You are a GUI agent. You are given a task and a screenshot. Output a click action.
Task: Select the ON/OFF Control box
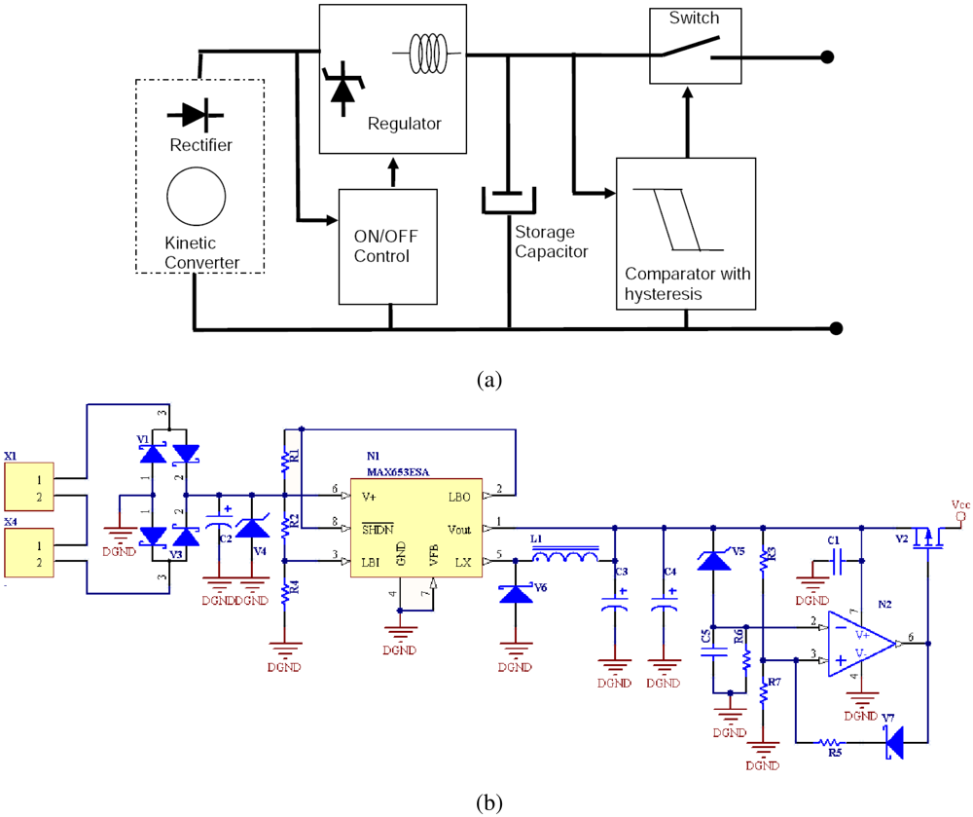[x=387, y=246]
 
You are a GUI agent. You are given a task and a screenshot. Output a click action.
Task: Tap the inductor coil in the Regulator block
[x=431, y=50]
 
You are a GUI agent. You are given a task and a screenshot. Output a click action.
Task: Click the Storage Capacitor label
[x=551, y=241]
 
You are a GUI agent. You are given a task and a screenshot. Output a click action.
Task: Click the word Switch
[x=695, y=19]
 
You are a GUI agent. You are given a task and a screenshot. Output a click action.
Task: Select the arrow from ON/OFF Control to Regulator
[x=392, y=171]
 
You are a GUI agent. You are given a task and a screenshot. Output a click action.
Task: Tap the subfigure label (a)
[x=487, y=379]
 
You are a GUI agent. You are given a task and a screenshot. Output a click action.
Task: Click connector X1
[x=29, y=487]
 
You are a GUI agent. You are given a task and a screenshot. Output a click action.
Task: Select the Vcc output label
[x=959, y=505]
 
